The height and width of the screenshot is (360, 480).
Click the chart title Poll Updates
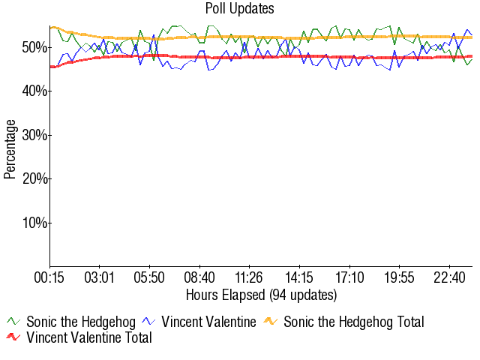pyautogui.click(x=240, y=9)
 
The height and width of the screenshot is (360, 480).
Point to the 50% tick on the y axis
pyautogui.click(x=35, y=47)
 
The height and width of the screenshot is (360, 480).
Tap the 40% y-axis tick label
pyautogui.click(x=35, y=91)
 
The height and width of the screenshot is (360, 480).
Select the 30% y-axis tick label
pyautogui.click(x=35, y=135)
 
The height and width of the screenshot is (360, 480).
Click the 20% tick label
pyautogui.click(x=35, y=178)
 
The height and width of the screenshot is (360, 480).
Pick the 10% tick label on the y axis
pyautogui.click(x=35, y=223)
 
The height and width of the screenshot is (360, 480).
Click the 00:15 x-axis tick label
pyautogui.click(x=50, y=277)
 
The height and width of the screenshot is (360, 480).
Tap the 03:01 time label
pyautogui.click(x=100, y=277)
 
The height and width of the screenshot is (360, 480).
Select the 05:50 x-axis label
pyautogui.click(x=150, y=277)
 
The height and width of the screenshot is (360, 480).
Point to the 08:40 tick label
pyautogui.click(x=199, y=277)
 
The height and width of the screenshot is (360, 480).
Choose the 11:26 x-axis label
pyautogui.click(x=249, y=277)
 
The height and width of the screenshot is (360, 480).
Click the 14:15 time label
pyautogui.click(x=299, y=277)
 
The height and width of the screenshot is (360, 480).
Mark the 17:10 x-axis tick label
pyautogui.click(x=349, y=277)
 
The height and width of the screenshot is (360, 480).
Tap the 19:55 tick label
pyautogui.click(x=399, y=277)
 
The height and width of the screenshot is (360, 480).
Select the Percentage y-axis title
pyautogui.click(x=10, y=148)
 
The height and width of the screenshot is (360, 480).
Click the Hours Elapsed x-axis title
pyautogui.click(x=261, y=294)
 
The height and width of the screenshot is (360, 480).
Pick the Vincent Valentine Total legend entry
pyautogui.click(x=88, y=337)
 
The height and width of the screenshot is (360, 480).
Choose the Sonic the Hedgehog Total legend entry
pyautogui.click(x=353, y=322)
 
